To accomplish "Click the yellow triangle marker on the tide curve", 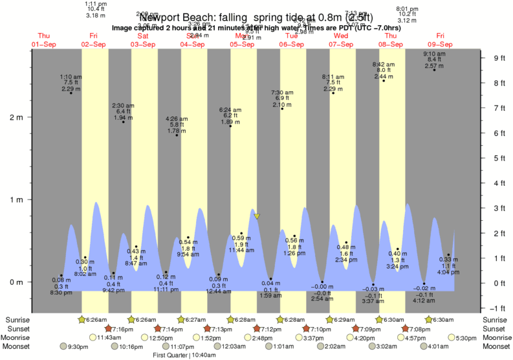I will [257, 216].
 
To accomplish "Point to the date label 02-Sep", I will [94, 44].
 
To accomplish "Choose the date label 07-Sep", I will [340, 44].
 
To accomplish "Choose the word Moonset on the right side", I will [497, 346].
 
